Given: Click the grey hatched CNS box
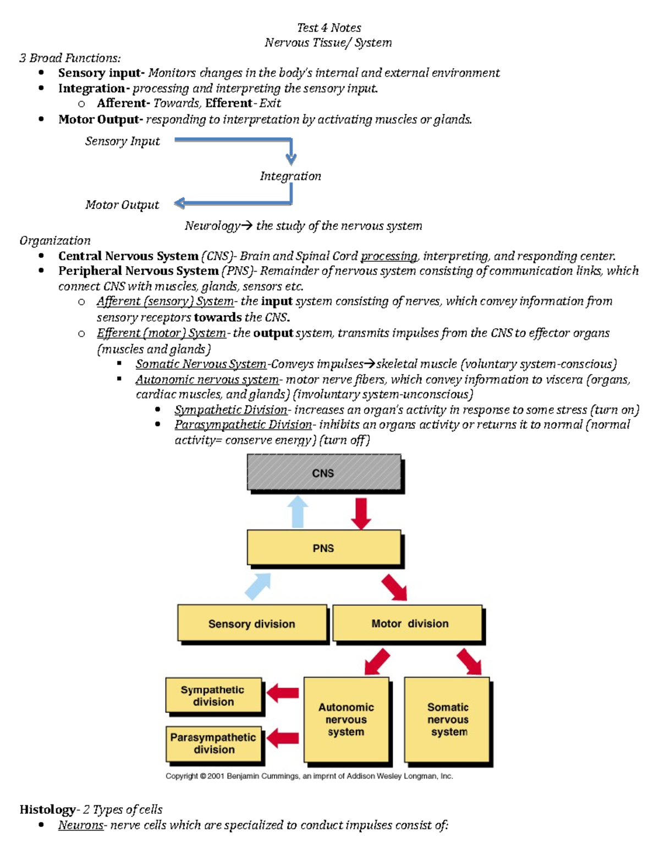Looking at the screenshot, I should coord(323,472).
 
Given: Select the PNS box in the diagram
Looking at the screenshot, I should coord(323,548).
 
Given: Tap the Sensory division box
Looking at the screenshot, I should coord(252,624).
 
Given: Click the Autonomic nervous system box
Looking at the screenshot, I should coord(346,719).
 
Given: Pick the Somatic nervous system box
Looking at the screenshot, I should coord(447,719).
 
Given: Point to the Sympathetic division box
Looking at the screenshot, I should coord(213,696).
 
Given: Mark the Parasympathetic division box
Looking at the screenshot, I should coord(213,743).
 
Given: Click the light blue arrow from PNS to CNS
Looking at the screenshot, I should coord(298,512).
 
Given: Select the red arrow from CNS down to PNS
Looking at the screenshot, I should coord(361,513).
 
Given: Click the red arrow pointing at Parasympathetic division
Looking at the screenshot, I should coord(283,739).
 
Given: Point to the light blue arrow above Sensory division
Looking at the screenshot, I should coord(258,586).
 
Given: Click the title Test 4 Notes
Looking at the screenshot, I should coord(329,28).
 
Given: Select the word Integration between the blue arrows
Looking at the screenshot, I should coord(290,177).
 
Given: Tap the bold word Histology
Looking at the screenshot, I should coord(47,809).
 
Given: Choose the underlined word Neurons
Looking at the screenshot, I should coord(81,825).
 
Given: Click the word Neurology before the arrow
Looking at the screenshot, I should coord(212,226).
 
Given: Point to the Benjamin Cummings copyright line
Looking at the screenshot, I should coord(309,776).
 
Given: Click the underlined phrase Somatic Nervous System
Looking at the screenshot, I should coord(201,364).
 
